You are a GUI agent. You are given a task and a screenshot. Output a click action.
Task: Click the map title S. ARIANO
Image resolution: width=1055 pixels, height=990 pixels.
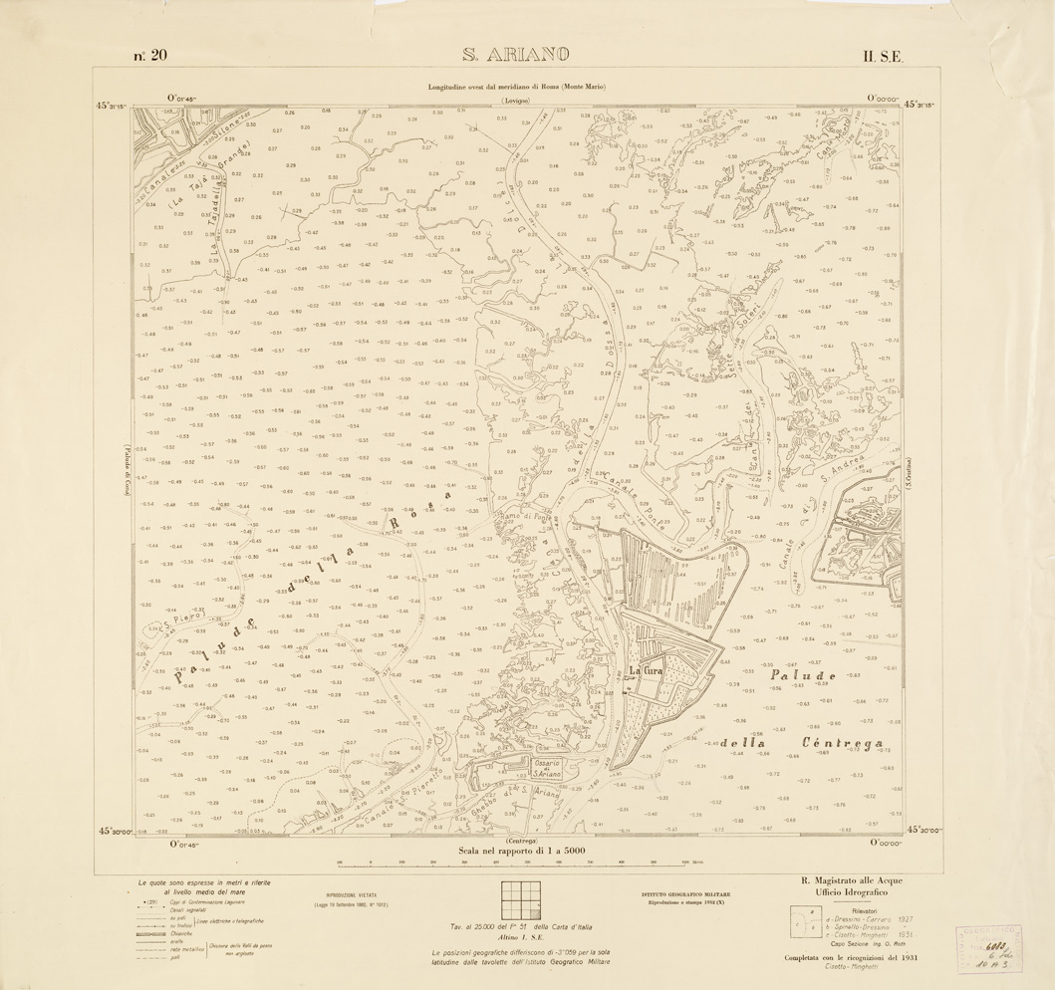[x=514, y=55]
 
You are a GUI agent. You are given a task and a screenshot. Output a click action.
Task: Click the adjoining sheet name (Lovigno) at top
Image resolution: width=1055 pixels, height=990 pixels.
[x=517, y=102]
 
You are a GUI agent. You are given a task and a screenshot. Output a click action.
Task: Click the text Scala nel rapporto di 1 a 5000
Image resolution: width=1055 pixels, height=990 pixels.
[x=521, y=853]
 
